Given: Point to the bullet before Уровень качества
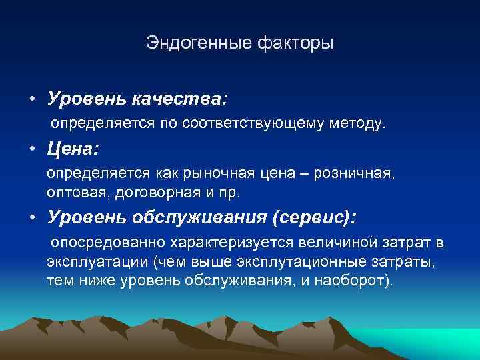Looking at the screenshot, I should point(32,100).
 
